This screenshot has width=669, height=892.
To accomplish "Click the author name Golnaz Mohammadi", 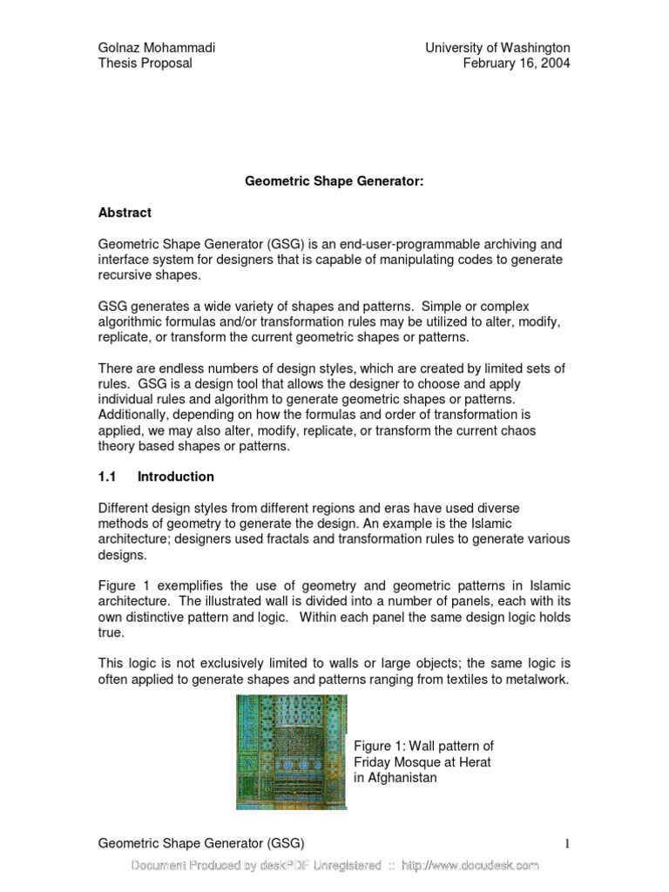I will pos(156,47).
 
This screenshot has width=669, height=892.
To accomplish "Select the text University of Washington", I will pos(497,47).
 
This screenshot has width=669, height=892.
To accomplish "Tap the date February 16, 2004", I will pos(517,64).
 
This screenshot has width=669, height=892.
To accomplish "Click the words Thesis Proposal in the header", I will pos(145,64).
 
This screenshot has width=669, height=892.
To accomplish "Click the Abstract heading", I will pos(125,213).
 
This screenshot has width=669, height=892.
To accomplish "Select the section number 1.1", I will pos(107,476).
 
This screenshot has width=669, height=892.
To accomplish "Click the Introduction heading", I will pos(175,476).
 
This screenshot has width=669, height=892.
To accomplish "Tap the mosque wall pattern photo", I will pos(291,752).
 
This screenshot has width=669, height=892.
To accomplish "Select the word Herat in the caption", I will pos(474,762).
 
